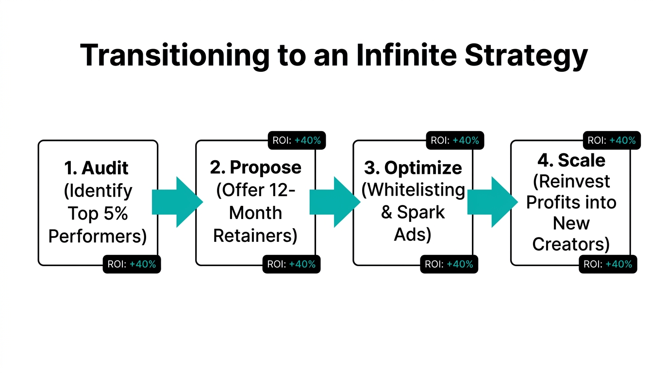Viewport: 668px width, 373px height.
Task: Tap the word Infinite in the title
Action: pos(406,55)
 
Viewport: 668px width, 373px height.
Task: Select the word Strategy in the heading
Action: pos(526,55)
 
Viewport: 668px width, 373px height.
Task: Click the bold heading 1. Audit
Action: pos(97,168)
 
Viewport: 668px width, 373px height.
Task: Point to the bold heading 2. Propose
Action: pos(255,167)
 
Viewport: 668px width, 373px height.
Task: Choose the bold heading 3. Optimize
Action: pos(413,168)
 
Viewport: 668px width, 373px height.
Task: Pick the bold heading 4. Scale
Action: pos(571,160)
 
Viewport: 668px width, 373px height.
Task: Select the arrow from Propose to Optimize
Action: pos(334,202)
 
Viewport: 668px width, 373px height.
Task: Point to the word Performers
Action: pos(97,236)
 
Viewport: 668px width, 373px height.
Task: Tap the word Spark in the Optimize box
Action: pos(421,212)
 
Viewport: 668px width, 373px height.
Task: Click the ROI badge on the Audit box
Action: pos(132,264)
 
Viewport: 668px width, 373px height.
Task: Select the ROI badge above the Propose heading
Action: pos(296,140)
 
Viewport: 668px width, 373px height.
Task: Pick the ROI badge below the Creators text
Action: pos(607,264)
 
